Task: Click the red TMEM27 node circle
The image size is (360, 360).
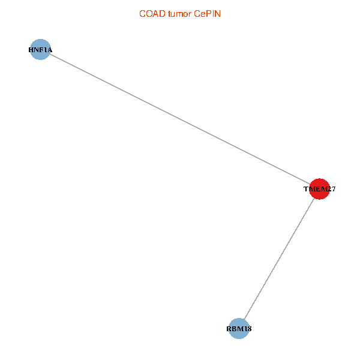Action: (x=319, y=189)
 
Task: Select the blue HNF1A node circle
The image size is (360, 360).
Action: (x=40, y=49)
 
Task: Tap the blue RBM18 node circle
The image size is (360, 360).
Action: (x=239, y=329)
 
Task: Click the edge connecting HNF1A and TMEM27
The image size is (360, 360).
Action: (x=180, y=119)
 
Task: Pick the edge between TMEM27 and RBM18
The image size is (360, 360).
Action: (x=279, y=259)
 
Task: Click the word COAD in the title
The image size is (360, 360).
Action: (x=152, y=14)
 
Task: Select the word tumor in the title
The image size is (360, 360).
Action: (x=179, y=14)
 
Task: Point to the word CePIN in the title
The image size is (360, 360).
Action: (x=208, y=14)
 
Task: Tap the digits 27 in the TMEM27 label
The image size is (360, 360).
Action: (x=331, y=189)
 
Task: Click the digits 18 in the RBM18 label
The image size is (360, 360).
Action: (x=248, y=329)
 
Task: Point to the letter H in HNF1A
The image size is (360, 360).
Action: (x=31, y=50)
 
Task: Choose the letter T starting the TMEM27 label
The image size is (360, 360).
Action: (x=306, y=189)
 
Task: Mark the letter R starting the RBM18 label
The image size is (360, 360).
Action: (x=229, y=329)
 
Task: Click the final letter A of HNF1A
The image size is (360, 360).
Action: (x=50, y=50)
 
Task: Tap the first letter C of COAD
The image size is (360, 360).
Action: (x=142, y=14)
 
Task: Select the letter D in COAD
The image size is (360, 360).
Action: (x=163, y=14)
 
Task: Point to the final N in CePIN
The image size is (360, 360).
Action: (x=218, y=14)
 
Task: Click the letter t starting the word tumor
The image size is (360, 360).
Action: (x=169, y=14)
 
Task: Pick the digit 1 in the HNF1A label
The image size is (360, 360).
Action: (x=45, y=50)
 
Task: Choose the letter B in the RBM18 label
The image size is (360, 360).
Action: (x=234, y=329)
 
